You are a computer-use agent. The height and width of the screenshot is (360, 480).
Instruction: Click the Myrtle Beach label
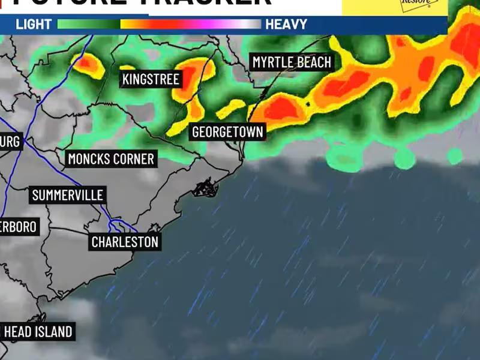pyautogui.click(x=292, y=62)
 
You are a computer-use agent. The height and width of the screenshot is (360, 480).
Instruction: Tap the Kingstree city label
pyautogui.click(x=151, y=79)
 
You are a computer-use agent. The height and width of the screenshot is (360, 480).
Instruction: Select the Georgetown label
pyautogui.click(x=227, y=132)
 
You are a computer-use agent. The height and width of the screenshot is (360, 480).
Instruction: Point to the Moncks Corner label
pyautogui.click(x=111, y=159)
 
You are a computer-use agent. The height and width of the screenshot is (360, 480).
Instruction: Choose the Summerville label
pyautogui.click(x=68, y=195)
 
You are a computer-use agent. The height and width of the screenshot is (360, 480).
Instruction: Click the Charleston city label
pyautogui.click(x=125, y=242)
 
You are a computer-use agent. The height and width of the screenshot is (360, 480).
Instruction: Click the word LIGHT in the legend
pyautogui.click(x=34, y=25)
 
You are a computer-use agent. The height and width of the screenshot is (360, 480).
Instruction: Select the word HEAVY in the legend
pyautogui.click(x=286, y=25)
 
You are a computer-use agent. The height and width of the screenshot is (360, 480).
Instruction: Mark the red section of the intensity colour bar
pyautogui.click(x=174, y=25)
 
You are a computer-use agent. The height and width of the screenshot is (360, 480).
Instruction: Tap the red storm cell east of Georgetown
pyautogui.click(x=281, y=109)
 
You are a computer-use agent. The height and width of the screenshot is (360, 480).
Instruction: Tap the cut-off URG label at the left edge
pyautogui.click(x=10, y=142)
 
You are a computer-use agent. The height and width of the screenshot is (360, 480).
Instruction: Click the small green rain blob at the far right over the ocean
pyautogui.click(x=455, y=156)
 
